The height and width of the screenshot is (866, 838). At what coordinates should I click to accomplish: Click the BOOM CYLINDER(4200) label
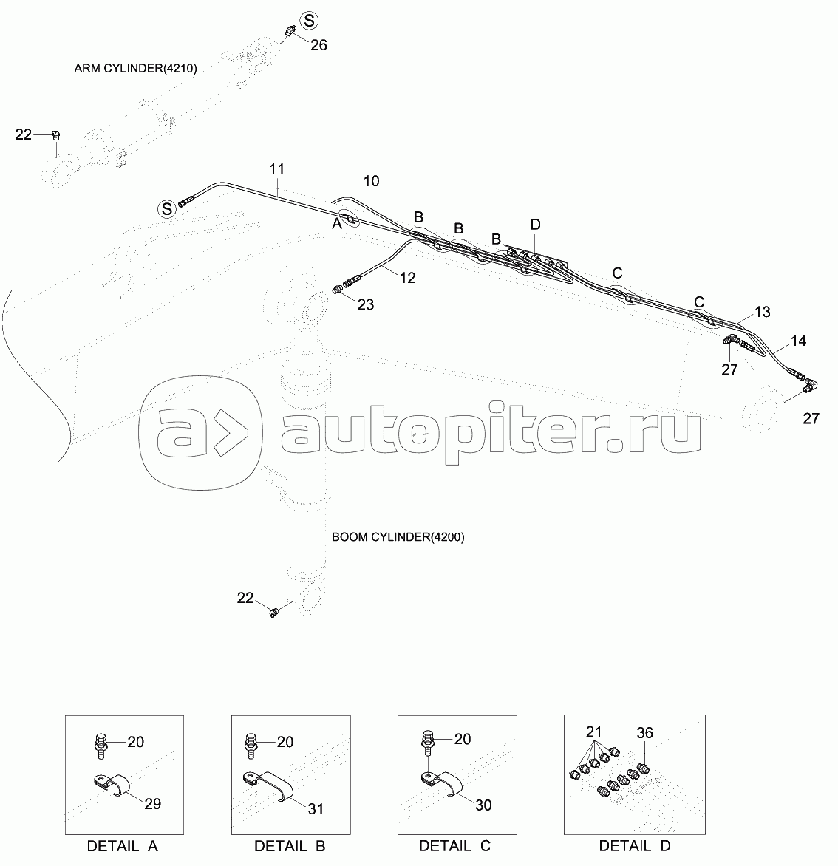click(398, 537)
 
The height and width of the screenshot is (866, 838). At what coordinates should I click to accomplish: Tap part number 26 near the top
click(318, 45)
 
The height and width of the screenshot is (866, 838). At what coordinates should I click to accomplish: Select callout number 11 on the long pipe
click(276, 169)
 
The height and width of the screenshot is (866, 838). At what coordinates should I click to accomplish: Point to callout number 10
click(371, 181)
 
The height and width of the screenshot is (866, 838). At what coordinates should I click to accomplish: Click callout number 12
click(407, 279)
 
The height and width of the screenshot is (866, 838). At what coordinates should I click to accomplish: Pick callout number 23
click(366, 304)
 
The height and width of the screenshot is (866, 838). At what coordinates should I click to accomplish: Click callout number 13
click(761, 313)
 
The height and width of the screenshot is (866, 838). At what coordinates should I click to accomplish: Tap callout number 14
click(798, 341)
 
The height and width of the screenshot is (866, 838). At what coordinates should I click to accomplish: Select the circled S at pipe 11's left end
click(166, 209)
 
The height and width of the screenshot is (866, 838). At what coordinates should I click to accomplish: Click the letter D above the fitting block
click(535, 224)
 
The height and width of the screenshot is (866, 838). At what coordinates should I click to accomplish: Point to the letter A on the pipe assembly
click(337, 223)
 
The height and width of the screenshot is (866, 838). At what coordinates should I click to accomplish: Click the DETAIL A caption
click(122, 846)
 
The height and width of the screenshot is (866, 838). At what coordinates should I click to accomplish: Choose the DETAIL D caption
click(635, 846)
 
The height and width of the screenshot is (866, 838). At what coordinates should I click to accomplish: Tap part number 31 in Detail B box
click(316, 809)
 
